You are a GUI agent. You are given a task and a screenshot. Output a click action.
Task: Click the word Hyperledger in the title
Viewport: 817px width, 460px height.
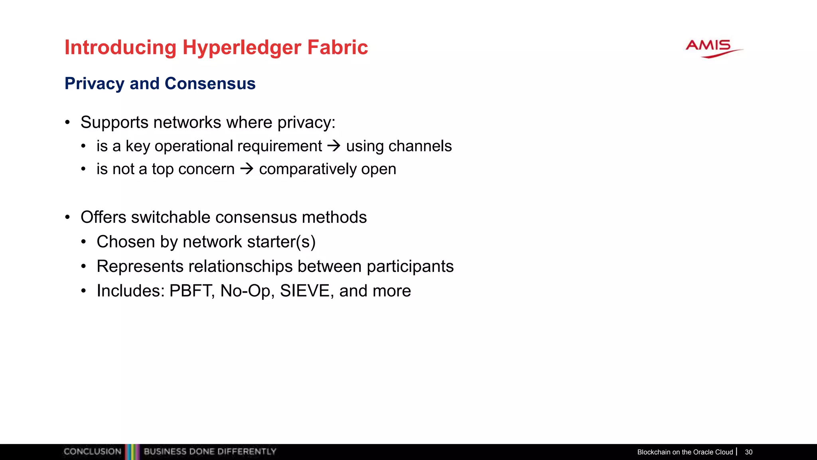point(242,48)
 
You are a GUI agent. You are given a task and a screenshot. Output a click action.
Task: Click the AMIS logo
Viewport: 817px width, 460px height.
point(713,48)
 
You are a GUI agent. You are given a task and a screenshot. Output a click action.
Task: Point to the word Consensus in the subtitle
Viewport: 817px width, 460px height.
point(210,83)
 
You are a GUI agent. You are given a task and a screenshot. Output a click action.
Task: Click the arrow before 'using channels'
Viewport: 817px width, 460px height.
point(334,146)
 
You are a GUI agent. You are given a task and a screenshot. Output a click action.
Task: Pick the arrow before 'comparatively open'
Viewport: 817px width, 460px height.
point(247,169)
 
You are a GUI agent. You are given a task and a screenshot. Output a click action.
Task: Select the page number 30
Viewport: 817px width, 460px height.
point(748,452)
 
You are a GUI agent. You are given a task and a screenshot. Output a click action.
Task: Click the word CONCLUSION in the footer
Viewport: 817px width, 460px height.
point(92,452)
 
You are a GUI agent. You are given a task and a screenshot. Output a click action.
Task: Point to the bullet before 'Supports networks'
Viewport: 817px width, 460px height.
point(68,123)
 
